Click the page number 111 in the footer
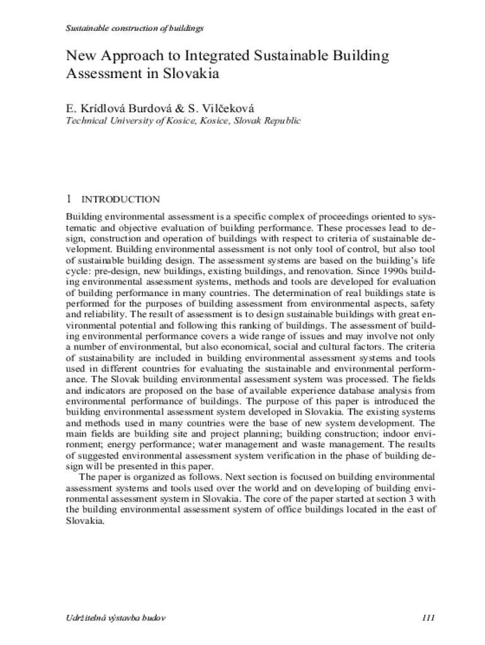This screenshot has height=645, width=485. (428, 617)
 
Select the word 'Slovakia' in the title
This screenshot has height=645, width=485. (190, 73)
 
